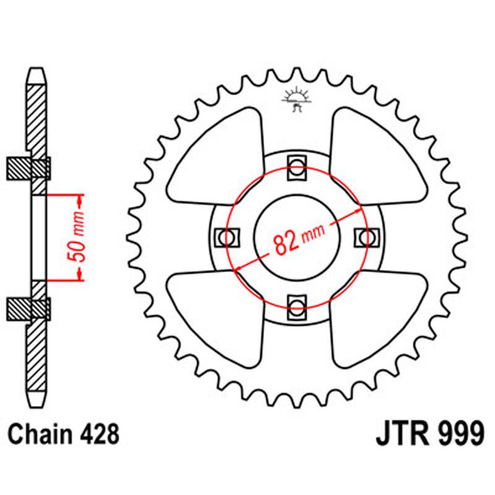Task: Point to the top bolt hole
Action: tap(296, 167)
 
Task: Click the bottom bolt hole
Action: tap(296, 305)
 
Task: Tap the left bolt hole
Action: tap(226, 236)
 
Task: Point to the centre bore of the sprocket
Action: tap(296, 236)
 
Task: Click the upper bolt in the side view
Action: tap(37, 167)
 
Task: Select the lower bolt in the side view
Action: tap(37, 308)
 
